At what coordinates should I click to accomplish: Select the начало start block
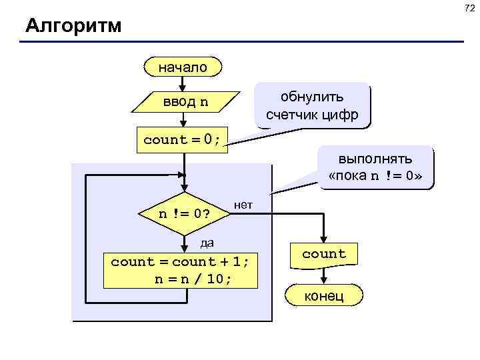point(183,67)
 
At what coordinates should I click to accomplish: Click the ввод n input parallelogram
point(185,102)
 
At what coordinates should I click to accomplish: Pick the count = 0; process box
point(182,139)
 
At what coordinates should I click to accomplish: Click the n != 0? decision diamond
point(184,214)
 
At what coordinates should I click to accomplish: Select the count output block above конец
point(324,254)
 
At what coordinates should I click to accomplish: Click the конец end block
point(324,295)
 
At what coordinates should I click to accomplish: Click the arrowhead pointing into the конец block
point(324,281)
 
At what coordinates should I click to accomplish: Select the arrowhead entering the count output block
point(324,240)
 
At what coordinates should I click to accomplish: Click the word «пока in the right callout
point(348,177)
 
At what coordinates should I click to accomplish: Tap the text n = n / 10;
point(193,279)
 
